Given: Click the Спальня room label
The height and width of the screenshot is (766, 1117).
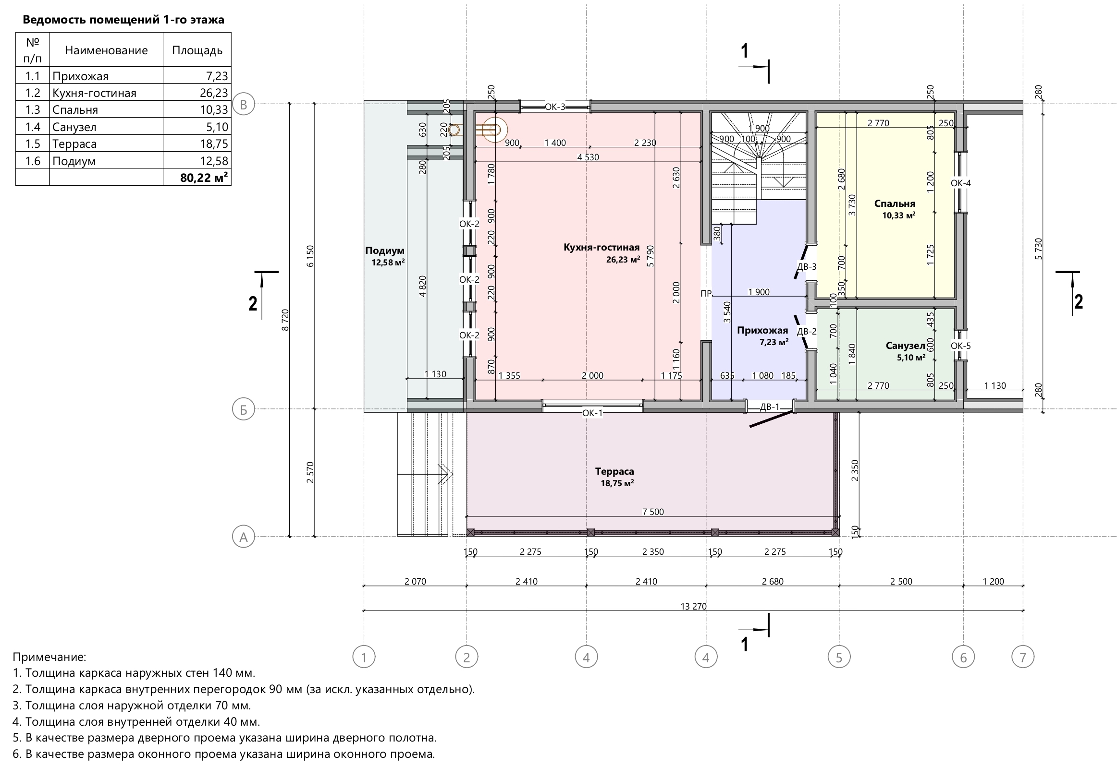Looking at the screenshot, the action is click(x=895, y=203).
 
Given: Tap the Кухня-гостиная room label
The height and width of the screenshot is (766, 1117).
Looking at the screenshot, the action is click(x=601, y=247).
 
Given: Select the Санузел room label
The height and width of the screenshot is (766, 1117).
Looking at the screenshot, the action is click(x=906, y=346).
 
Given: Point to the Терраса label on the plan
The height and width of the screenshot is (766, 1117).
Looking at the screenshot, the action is click(x=614, y=472).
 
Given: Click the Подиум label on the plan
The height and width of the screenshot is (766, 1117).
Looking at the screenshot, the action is click(x=384, y=251).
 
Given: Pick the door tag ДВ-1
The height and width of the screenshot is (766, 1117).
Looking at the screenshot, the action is click(x=770, y=407).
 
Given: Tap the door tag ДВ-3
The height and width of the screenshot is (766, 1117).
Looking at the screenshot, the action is click(x=807, y=267).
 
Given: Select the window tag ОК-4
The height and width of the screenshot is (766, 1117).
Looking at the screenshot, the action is click(x=961, y=183).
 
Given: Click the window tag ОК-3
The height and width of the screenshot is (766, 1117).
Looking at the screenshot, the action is click(x=555, y=107).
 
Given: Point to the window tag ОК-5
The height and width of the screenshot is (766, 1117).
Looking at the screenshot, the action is click(x=961, y=346).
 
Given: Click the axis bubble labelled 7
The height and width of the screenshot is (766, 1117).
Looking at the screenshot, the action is click(x=1023, y=657).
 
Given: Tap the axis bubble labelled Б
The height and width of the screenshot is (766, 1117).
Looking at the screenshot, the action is click(x=243, y=409).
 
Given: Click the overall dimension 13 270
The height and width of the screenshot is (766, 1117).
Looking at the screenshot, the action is click(x=694, y=606).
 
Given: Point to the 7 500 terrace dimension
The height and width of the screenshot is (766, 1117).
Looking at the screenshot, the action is click(x=653, y=512).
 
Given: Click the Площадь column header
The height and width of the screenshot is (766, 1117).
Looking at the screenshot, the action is click(x=197, y=50).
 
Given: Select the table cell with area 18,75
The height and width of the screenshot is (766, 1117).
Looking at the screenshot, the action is click(x=214, y=144).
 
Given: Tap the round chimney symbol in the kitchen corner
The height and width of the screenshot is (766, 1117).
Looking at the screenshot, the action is click(x=494, y=130).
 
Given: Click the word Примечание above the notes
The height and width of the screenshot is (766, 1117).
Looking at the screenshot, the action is click(x=49, y=657).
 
